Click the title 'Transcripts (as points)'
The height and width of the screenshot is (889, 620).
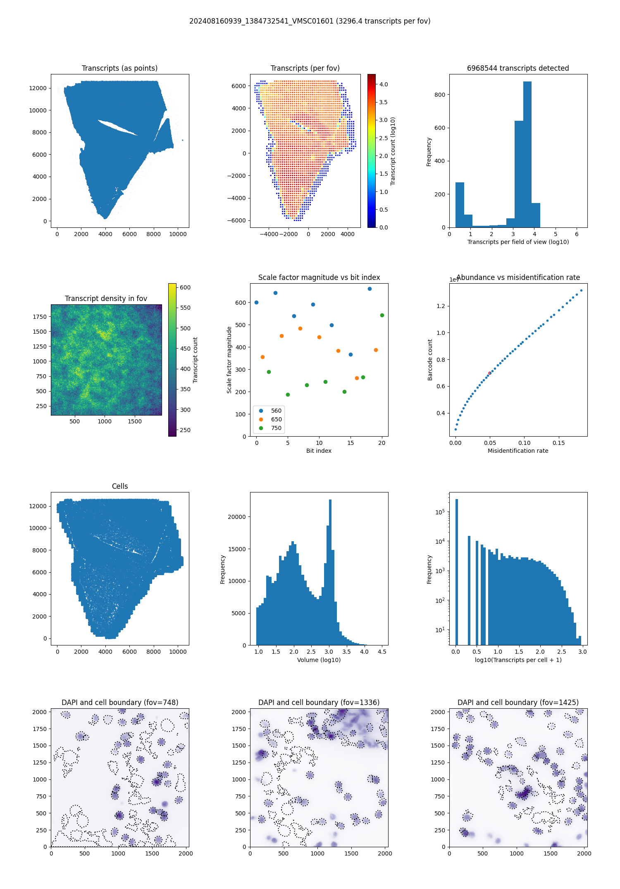click(x=119, y=68)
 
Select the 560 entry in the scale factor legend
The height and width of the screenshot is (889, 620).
click(x=276, y=411)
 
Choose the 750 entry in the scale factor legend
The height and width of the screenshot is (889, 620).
click(x=276, y=428)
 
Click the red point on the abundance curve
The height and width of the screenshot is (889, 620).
click(x=490, y=373)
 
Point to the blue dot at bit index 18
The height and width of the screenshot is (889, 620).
click(x=370, y=289)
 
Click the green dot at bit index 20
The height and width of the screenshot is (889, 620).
click(x=382, y=315)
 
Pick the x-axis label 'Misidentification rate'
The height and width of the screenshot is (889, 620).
click(x=518, y=451)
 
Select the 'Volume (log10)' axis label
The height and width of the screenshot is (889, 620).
click(x=319, y=660)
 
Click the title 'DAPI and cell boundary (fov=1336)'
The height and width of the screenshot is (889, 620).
click(x=319, y=703)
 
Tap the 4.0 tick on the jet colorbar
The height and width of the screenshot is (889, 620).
click(x=384, y=84)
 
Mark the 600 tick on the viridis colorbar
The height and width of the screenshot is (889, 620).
click(x=185, y=287)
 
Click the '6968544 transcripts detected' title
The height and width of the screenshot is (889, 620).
click(x=518, y=68)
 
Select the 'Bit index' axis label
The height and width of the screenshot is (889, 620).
click(x=319, y=451)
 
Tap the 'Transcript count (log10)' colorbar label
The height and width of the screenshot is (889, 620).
click(x=393, y=151)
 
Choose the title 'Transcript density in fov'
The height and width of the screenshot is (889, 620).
click(x=106, y=299)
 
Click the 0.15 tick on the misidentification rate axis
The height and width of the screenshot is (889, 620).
click(x=559, y=443)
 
